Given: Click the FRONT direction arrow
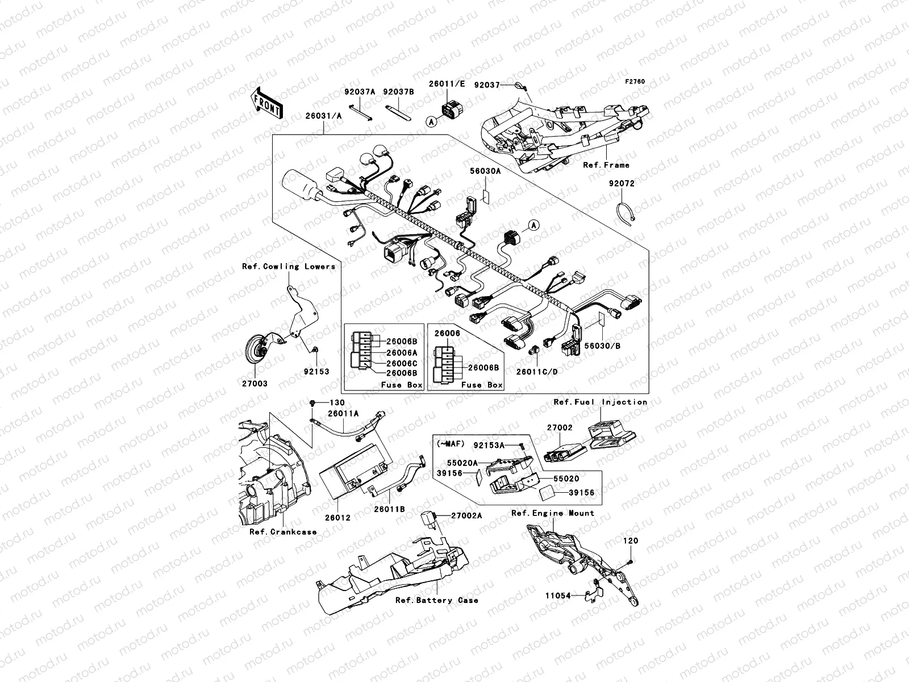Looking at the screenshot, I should pos(266,103).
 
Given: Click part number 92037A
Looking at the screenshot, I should pos(359,91).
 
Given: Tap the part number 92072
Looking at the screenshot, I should pos(622,184).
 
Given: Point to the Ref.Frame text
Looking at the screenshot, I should pos(606,165).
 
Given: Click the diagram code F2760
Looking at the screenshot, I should pos(635,82).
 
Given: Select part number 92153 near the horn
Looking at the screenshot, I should pos(316,372).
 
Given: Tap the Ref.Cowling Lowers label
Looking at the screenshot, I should pos(289,266).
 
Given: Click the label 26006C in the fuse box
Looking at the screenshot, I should pos(402,363).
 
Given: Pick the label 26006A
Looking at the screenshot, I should pos(402,352).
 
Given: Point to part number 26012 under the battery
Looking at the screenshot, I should pos(338,518).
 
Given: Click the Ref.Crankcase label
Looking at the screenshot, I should pos(283,532).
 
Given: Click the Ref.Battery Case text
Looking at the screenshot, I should pos(437,600).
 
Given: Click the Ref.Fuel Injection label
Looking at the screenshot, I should pos(601,402).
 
